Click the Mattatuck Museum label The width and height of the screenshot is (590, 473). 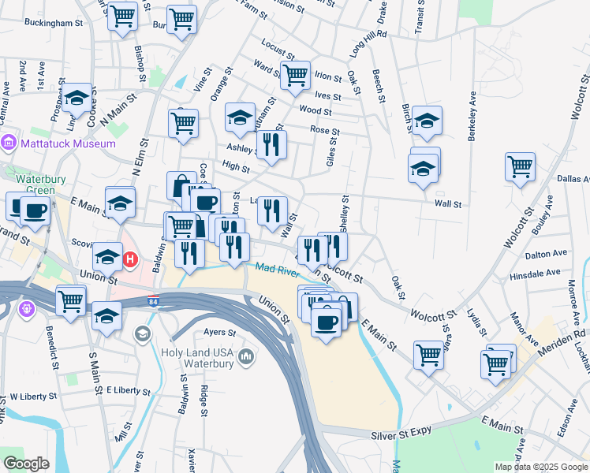tap(69, 143)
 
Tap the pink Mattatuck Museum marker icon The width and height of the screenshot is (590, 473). tap(9, 143)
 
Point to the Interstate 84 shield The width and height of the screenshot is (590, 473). tap(153, 301)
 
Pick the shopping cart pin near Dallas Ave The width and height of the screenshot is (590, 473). tap(521, 167)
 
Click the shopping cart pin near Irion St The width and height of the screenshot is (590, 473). tap(295, 76)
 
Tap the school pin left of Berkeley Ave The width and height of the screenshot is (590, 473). tap(427, 121)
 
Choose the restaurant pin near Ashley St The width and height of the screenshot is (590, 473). tap(272, 144)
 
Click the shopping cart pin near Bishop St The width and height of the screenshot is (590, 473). tap(122, 16)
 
